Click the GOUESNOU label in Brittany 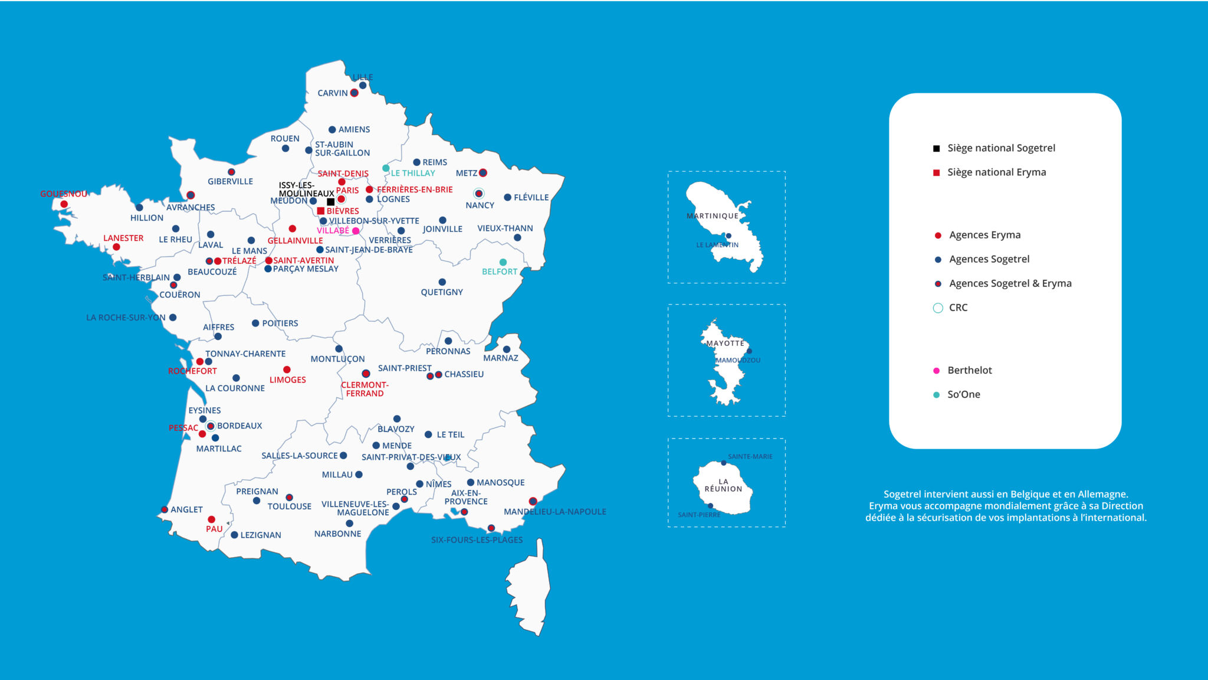(63, 194)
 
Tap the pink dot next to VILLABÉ (356, 231)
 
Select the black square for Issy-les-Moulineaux (330, 202)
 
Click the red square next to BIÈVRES (320, 211)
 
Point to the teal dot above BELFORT (503, 262)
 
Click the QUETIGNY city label (441, 292)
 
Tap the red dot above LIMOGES (287, 370)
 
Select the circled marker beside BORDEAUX (211, 426)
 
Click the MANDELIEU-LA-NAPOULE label (554, 512)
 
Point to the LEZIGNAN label (260, 535)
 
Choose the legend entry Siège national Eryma (996, 172)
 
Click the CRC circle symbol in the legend (938, 308)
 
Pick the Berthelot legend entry (969, 370)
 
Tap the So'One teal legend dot (936, 395)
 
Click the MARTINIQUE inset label (712, 216)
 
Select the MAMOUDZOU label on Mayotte (737, 360)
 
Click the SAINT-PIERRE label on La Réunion (699, 515)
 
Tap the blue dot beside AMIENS (332, 130)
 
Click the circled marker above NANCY (478, 194)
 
